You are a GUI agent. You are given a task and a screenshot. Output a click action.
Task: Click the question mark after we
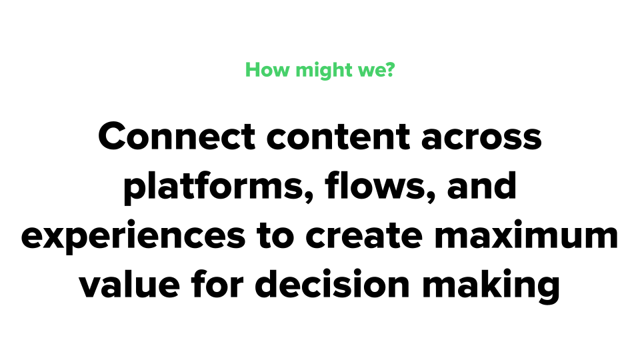click(x=390, y=70)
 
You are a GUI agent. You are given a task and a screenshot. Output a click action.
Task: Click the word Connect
click(x=177, y=136)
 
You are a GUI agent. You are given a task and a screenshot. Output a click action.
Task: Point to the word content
click(x=339, y=137)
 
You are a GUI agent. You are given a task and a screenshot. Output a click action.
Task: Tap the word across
click(x=481, y=139)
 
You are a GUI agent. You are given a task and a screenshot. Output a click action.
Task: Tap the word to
click(x=275, y=236)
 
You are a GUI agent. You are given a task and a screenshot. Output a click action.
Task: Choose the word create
click(x=364, y=236)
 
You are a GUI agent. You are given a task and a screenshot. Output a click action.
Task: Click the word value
click(x=129, y=284)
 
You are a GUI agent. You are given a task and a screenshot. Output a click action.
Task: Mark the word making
click(x=491, y=286)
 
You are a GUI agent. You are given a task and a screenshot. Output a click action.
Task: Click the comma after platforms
click(x=309, y=197)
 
